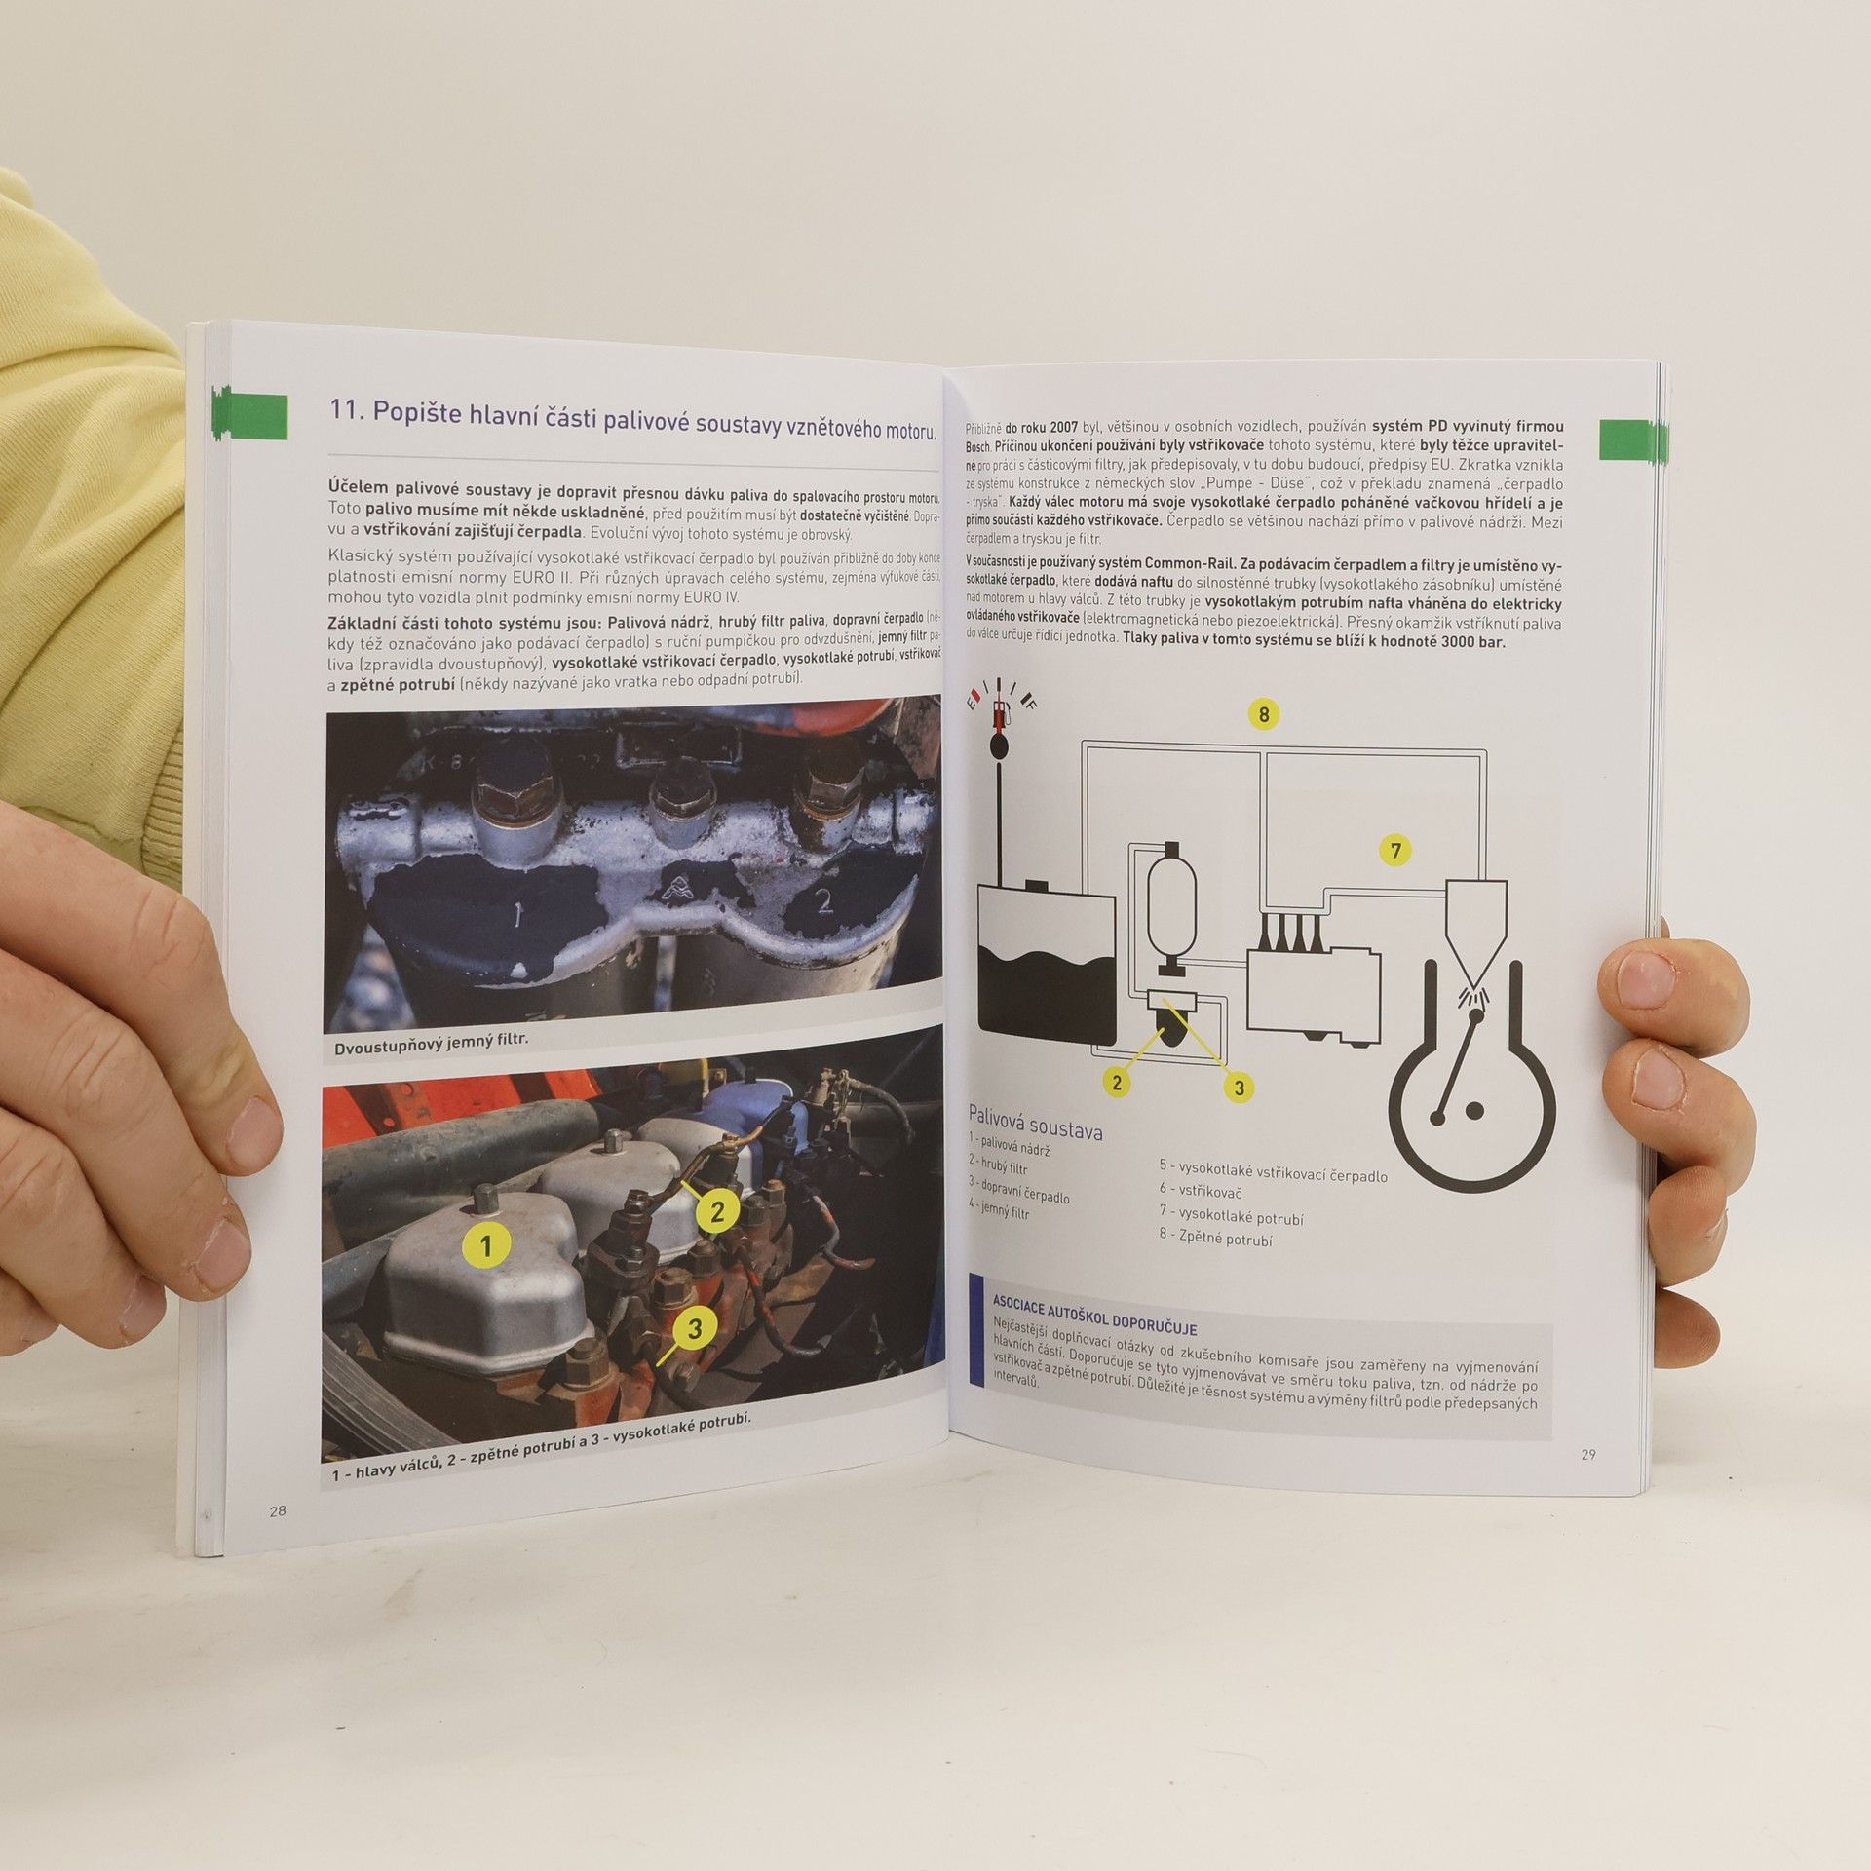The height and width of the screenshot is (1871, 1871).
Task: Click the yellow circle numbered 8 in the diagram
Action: (x=1264, y=714)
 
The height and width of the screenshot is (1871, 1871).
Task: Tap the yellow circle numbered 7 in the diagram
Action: (x=1395, y=851)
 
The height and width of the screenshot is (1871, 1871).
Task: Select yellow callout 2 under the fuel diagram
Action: (x=1117, y=1082)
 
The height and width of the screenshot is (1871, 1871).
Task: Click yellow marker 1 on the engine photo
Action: (x=488, y=1244)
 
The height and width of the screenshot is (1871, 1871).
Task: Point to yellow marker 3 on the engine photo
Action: (x=694, y=1329)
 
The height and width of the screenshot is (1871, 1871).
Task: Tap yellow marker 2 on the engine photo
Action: (x=717, y=1212)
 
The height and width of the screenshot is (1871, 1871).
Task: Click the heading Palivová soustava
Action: (x=1035, y=1122)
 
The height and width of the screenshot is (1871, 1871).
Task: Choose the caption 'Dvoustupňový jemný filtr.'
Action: (x=431, y=1039)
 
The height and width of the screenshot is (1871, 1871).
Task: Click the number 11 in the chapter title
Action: (x=346, y=411)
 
